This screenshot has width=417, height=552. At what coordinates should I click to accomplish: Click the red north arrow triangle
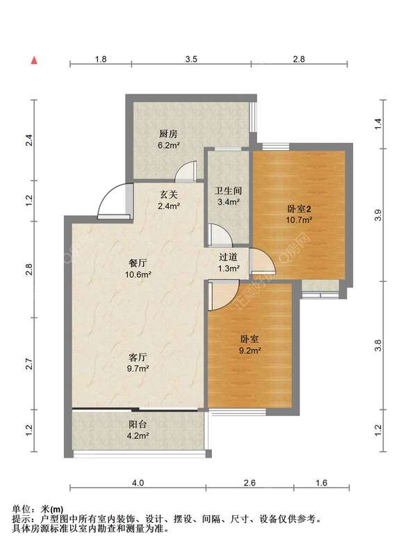point(34,60)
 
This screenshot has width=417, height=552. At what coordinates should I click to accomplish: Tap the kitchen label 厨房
point(168,134)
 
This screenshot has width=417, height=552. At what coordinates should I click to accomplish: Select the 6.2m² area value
point(169,145)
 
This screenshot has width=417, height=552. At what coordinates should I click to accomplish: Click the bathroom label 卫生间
point(229,191)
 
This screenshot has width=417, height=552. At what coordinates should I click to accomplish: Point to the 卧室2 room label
point(300,209)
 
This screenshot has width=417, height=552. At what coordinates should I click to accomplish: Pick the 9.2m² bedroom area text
point(250,350)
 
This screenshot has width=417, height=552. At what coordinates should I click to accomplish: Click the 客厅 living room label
point(138,358)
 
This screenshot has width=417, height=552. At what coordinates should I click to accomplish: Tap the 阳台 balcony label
point(138,424)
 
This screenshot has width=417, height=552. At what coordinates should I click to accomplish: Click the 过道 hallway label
point(229,257)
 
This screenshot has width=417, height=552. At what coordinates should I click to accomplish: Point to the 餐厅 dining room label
point(138,263)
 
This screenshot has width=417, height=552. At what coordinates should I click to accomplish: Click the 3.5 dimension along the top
point(191,59)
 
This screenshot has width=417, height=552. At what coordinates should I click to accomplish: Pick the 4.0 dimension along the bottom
point(138,483)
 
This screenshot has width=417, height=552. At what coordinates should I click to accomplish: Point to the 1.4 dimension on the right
point(378,124)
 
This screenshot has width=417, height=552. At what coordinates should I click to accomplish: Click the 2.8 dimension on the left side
point(29,269)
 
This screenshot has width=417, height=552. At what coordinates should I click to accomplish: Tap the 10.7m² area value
point(300,220)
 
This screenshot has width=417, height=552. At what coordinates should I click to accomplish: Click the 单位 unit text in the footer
point(20,509)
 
